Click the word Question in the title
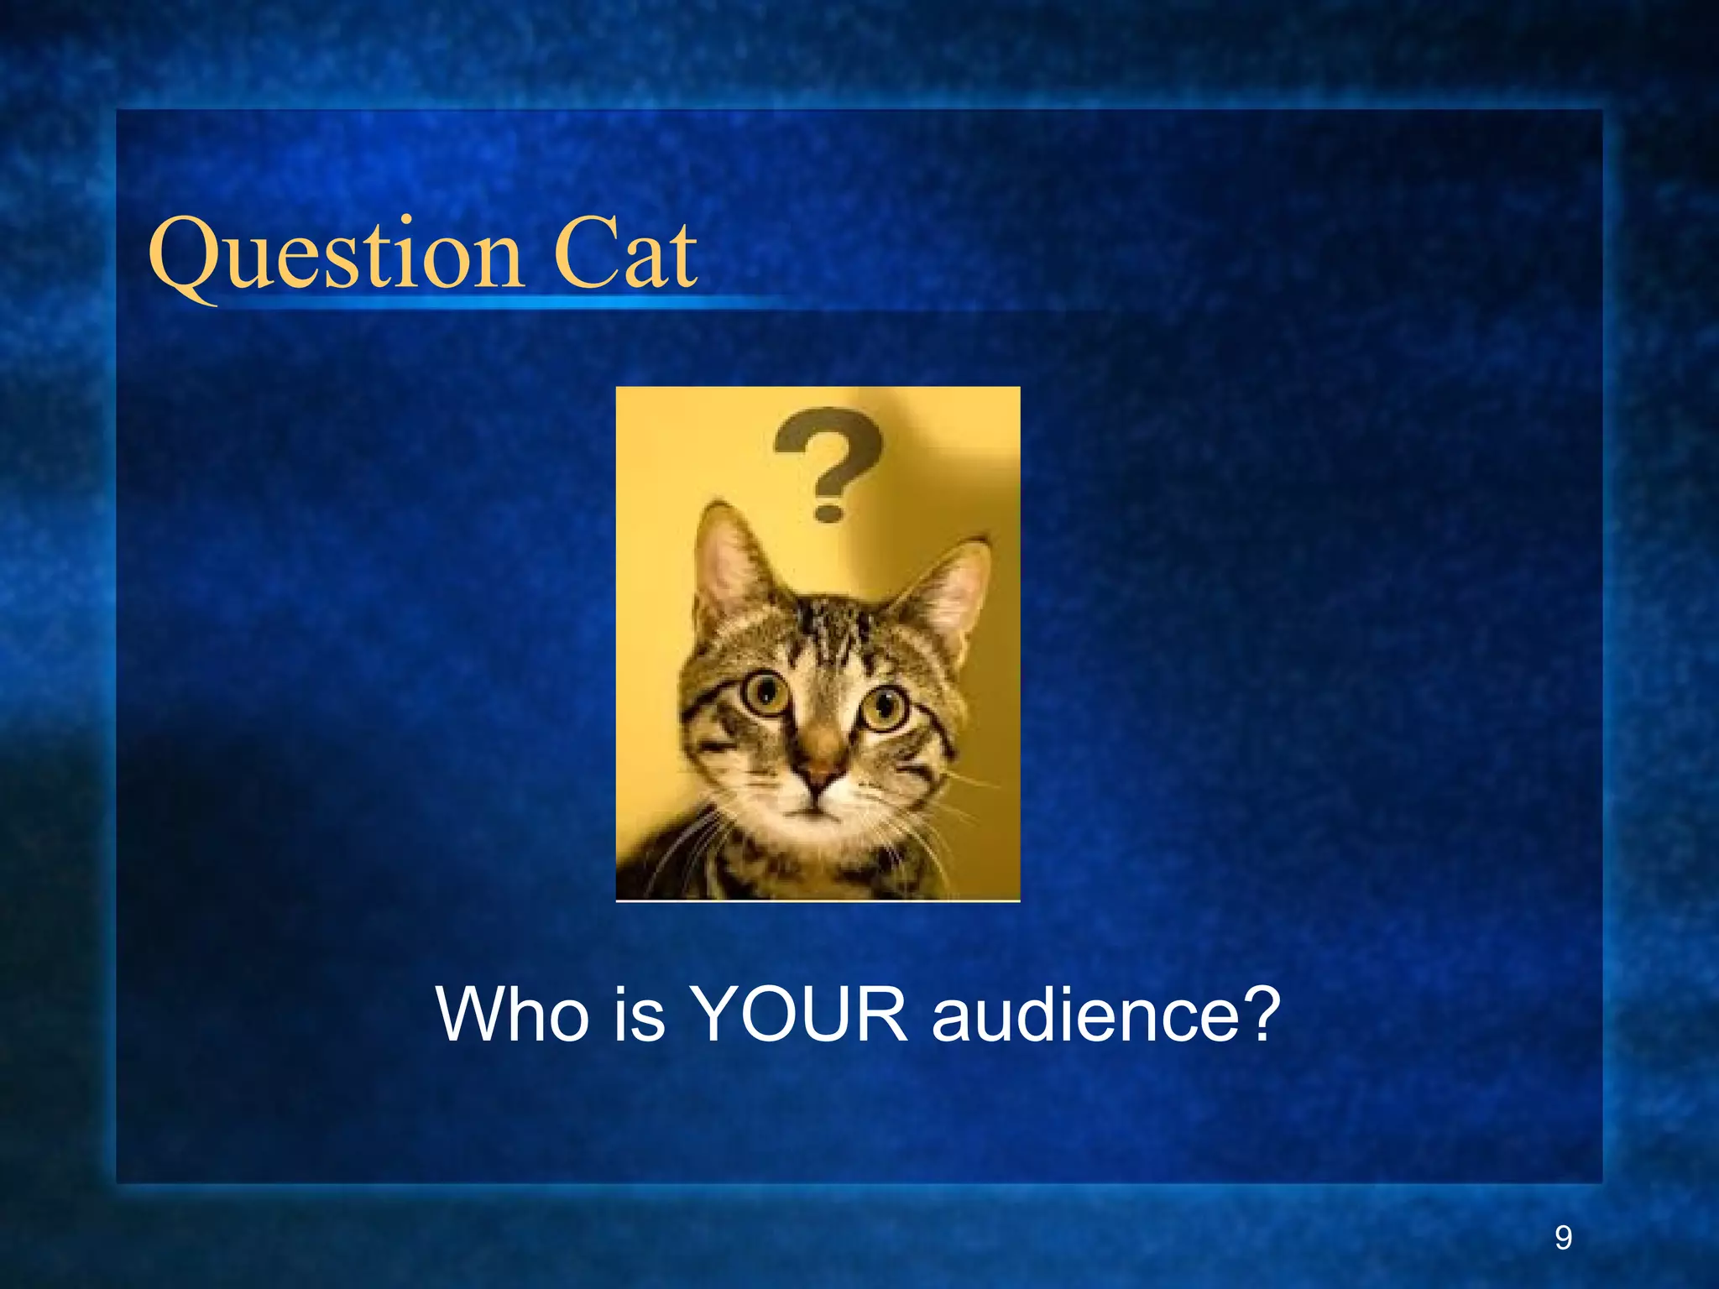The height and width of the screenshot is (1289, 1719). click(336, 256)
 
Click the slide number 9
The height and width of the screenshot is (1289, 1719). click(1563, 1238)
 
